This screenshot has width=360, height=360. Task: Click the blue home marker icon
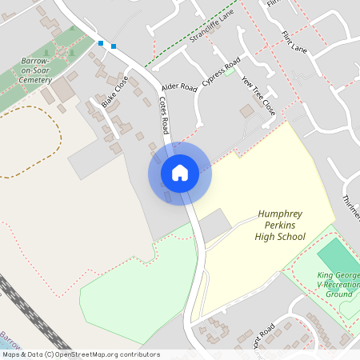pos(180,172)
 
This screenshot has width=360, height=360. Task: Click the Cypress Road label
pos(222,74)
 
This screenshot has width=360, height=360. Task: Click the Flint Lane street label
pos(294,42)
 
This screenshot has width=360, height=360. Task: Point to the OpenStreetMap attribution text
pos(80,354)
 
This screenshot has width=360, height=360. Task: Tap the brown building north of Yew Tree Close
pos(246,111)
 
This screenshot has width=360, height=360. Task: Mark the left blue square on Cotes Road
pos(101,42)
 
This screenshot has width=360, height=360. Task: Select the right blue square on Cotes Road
pos(114,46)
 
